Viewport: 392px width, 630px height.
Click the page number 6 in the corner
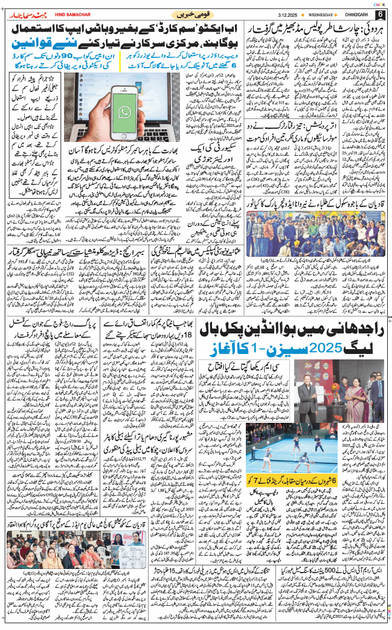381,14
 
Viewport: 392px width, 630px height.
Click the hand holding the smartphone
121,121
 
